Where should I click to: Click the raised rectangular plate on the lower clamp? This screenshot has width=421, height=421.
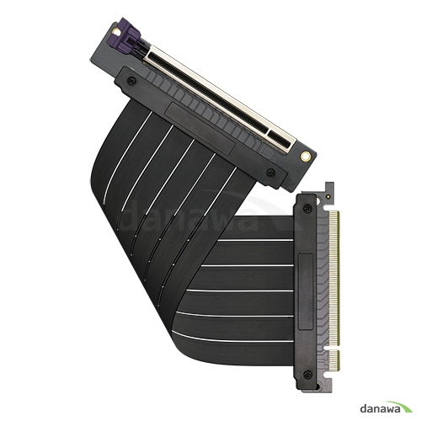coord(303,286)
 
